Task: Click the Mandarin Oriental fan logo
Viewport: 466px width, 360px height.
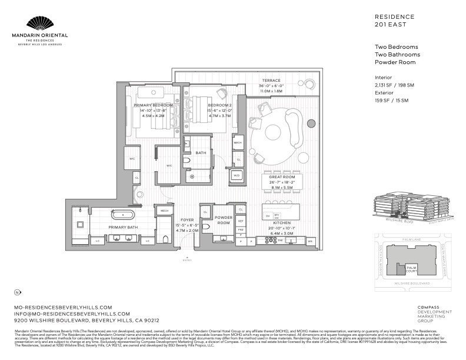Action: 46,24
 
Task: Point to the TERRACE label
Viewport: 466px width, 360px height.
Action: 271,81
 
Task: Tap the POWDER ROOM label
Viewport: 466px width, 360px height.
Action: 223,220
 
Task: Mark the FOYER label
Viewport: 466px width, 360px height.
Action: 187,220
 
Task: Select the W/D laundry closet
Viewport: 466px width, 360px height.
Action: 237,175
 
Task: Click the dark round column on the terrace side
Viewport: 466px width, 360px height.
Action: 311,123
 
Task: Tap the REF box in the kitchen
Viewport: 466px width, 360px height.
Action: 241,221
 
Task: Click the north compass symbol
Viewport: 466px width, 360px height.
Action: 18,292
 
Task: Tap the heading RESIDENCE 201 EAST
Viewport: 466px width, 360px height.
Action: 394,21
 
